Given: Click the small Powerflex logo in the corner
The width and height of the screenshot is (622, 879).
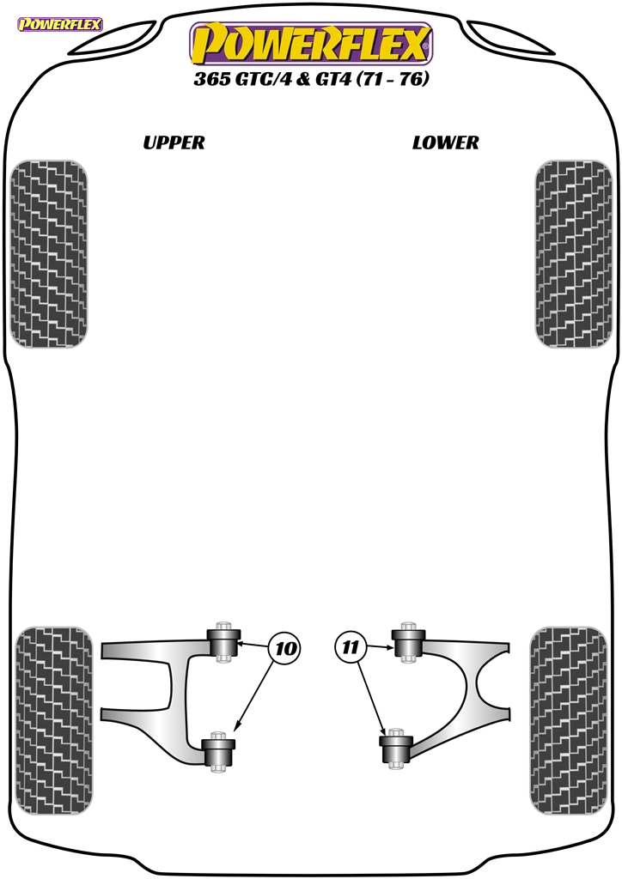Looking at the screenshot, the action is [60, 24].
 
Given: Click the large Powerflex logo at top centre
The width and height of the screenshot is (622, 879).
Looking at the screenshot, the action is [311, 44].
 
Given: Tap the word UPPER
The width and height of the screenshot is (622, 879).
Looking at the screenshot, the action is [174, 143].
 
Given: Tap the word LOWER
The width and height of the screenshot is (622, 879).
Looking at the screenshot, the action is [445, 143].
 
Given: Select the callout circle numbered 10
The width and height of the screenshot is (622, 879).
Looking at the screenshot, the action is [285, 649].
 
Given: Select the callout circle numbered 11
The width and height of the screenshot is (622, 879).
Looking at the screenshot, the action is [350, 648].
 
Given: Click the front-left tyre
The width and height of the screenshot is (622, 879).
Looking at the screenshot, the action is [49, 254].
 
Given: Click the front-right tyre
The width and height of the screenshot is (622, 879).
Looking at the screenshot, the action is [573, 254].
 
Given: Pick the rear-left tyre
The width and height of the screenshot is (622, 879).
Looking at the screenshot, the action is [54, 721].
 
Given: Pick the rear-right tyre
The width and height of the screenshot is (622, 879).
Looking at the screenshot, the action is [568, 721].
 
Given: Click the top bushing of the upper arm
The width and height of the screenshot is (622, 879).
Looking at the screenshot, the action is [223, 642].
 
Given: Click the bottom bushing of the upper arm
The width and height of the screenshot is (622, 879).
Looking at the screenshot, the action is [217, 751].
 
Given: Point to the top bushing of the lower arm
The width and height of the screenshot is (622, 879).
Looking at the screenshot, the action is [409, 642].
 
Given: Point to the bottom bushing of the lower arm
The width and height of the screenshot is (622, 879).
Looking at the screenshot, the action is [396, 749].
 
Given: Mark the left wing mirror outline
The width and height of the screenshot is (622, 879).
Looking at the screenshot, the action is [114, 38].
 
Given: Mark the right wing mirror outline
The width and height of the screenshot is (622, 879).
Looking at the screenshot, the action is [510, 38].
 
